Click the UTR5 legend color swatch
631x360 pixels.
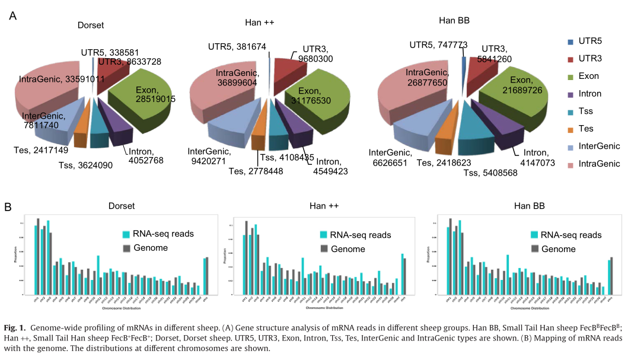[571, 42]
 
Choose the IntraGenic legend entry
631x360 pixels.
[599, 164]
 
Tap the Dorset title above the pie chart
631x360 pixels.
[91, 25]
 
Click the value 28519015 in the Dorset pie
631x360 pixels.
[155, 100]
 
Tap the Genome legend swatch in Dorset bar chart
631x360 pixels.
[126, 248]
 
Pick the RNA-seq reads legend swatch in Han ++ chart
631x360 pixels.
[323, 235]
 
